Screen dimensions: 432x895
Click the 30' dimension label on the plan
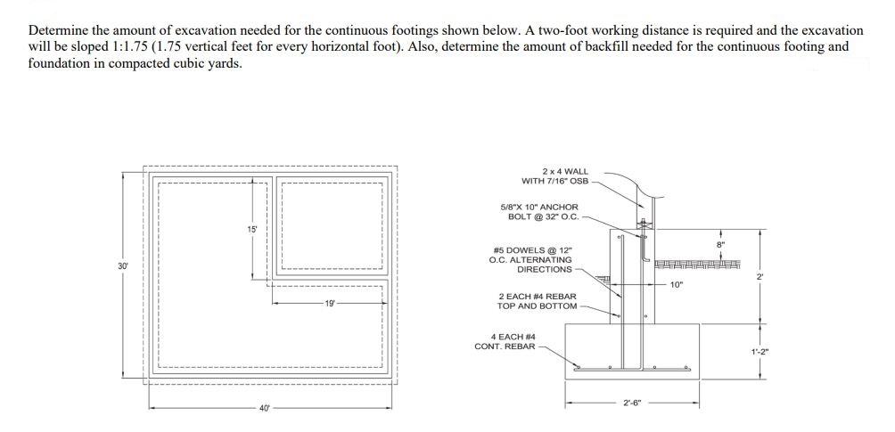click(122, 265)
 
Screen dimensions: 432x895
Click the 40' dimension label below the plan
click(265, 409)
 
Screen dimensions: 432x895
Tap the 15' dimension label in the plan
click(252, 229)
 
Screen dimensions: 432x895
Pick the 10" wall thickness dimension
click(676, 285)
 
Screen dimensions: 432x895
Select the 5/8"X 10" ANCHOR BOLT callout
click(540, 212)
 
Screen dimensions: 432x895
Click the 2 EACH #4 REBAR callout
click(537, 301)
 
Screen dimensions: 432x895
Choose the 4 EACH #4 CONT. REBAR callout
click(505, 341)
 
